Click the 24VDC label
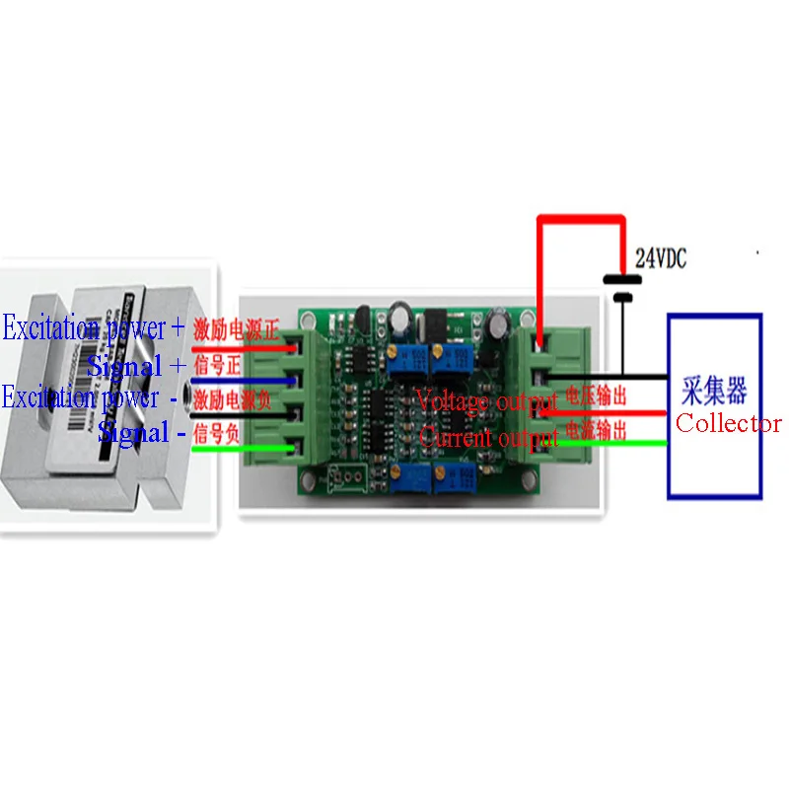point(661,259)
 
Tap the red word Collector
point(728,424)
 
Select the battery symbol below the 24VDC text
point(621,287)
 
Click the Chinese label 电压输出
point(595,397)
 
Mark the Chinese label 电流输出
point(595,430)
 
